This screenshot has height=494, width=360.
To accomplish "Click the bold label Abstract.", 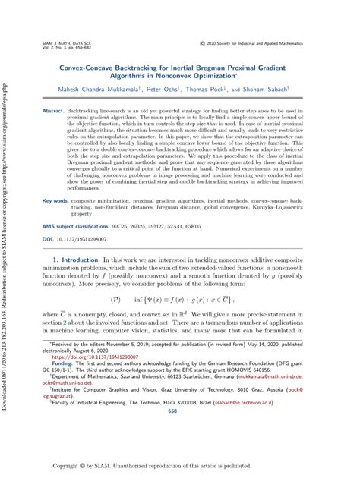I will tap(53, 111).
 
